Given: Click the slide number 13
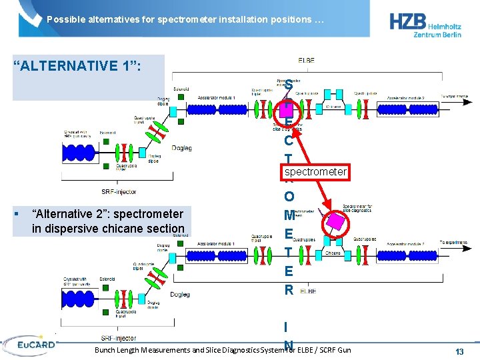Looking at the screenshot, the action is (459, 351).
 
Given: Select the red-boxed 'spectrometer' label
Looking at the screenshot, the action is (315, 172).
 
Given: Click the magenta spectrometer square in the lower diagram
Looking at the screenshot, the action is (336, 221).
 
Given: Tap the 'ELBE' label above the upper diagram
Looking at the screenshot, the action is (307, 61).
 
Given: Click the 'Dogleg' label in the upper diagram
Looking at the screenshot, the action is (181, 148).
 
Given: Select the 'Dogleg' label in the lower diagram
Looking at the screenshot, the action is (180, 294).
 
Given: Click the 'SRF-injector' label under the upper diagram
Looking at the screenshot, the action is (119, 191).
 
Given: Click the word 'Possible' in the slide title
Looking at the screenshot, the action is (64, 19).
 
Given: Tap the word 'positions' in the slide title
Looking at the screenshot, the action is (289, 19).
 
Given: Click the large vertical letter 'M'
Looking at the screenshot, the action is (289, 215).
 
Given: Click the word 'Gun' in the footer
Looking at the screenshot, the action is (344, 350).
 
